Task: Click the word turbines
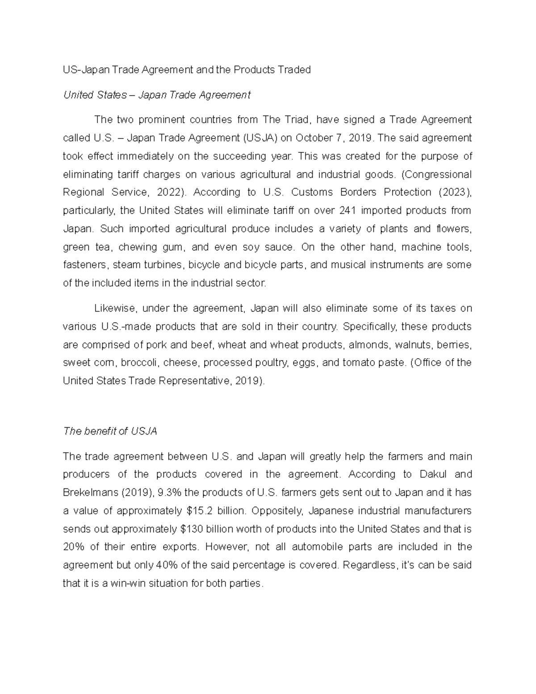pos(159,265)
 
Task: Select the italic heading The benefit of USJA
pos(110,432)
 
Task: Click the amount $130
pos(192,529)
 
